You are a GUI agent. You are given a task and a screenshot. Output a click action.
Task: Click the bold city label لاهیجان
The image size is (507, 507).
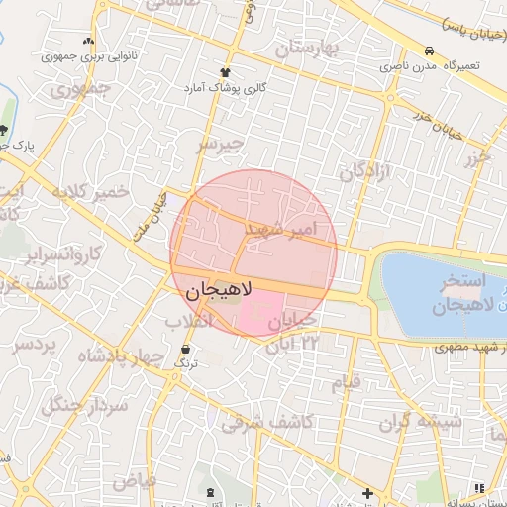coord(219,291)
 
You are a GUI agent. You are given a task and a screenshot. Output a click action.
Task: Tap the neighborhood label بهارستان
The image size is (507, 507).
coord(310,47)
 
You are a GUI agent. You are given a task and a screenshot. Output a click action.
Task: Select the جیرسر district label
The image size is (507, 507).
coord(220,146)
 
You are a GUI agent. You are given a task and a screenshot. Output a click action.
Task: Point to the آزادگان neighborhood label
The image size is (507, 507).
coord(365,171)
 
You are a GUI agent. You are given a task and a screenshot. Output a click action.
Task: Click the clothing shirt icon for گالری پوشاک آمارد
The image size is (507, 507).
coord(226,72)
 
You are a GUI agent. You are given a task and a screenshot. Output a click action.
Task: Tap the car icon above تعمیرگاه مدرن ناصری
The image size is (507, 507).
coord(428,51)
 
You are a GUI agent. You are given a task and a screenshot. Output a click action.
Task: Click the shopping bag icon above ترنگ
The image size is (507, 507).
coord(186,349)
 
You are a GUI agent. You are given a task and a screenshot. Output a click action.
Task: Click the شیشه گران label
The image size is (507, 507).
coord(427,421)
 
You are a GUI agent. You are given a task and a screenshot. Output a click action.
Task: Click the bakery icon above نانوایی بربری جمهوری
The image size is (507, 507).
coord(89,42)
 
